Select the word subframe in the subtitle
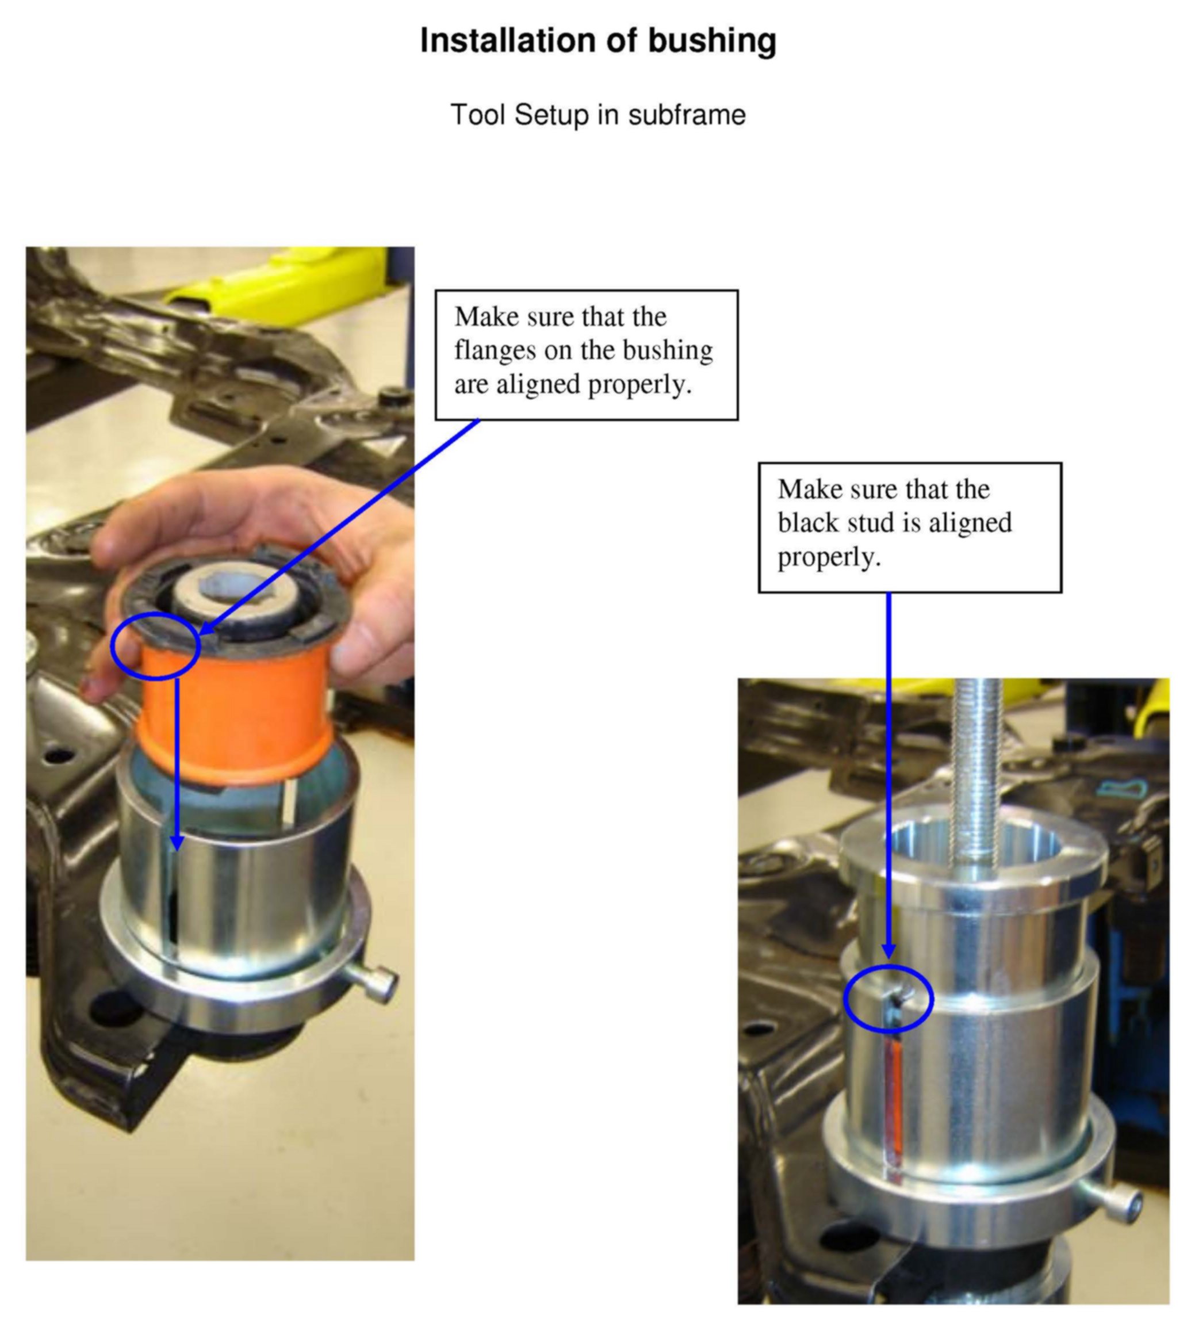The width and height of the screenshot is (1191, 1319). click(x=686, y=115)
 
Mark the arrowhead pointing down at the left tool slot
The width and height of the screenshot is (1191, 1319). click(x=177, y=843)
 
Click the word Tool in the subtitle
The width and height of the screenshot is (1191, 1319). click(x=478, y=115)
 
